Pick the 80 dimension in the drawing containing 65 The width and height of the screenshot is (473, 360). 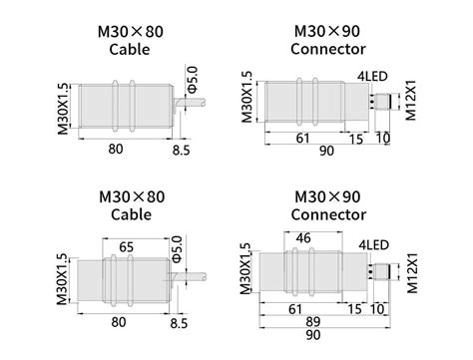point(120,321)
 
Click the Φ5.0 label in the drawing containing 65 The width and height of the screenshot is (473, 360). point(177,249)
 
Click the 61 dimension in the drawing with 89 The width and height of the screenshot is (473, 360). point(295,310)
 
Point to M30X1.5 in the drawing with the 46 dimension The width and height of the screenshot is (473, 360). point(244,271)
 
